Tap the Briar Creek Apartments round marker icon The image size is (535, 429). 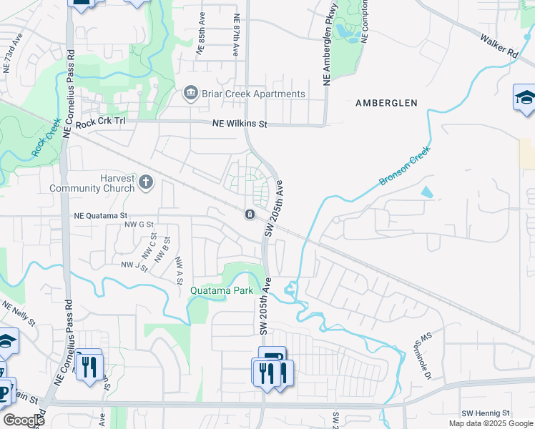190,93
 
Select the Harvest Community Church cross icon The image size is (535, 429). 145,182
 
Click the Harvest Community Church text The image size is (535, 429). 92,183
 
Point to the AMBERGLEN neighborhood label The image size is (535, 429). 386,103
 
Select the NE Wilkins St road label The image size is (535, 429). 240,124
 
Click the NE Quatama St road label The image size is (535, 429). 100,214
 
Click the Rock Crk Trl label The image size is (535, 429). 100,122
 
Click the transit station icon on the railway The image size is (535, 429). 250,214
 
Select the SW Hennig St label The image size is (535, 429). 485,413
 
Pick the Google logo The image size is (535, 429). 24,420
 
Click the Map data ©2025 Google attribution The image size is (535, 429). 490,423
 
